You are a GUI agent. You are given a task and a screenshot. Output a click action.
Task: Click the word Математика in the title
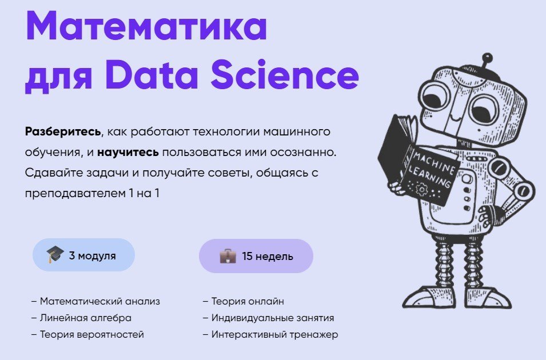pyautogui.click(x=146, y=26)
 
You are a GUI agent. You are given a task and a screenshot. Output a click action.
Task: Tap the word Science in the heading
pyautogui.click(x=285, y=74)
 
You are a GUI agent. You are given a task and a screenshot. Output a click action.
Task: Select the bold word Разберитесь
pyautogui.click(x=63, y=131)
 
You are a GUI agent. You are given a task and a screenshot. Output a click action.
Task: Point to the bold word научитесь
pyautogui.click(x=128, y=152)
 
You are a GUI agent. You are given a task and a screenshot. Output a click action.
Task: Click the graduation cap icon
pyautogui.click(x=55, y=254)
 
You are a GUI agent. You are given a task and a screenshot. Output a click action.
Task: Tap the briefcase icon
pyautogui.click(x=228, y=256)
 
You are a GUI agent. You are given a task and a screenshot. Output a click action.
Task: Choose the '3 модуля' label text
pyautogui.click(x=92, y=255)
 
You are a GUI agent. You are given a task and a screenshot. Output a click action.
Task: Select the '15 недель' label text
pyautogui.click(x=268, y=256)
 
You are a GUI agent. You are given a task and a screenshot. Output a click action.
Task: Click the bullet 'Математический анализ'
pyautogui.click(x=95, y=301)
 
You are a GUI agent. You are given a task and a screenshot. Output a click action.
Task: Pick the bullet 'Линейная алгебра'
pyautogui.click(x=82, y=318)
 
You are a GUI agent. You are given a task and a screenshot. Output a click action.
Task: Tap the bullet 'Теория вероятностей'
pyautogui.click(x=87, y=335)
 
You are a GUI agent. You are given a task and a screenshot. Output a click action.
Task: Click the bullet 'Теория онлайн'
pyautogui.click(x=244, y=301)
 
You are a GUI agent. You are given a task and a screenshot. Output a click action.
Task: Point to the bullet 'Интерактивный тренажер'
pyautogui.click(x=270, y=335)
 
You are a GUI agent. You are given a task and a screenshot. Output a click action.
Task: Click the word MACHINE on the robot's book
pyautogui.click(x=434, y=163)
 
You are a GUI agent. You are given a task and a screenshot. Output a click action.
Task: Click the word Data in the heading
pyautogui.click(x=152, y=74)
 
